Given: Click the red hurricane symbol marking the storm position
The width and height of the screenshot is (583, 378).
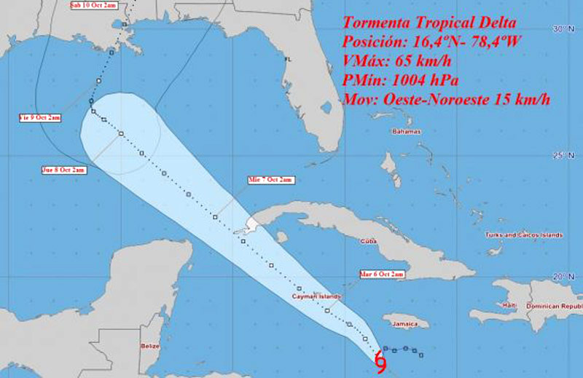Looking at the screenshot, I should (x=380, y=363).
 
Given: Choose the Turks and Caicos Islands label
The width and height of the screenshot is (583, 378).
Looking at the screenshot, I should (x=524, y=235).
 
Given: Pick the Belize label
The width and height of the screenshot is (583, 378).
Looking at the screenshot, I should (x=150, y=347).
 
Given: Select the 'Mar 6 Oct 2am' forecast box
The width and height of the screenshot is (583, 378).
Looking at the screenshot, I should (x=381, y=274).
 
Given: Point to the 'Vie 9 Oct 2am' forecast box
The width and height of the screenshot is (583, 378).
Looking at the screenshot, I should (x=39, y=117).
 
